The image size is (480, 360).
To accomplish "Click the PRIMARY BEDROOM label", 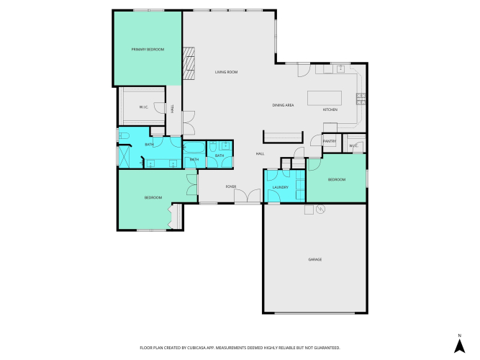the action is pos(148,50).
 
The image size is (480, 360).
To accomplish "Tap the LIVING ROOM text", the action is pos(226,72).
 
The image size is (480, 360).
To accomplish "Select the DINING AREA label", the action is pos(283,105).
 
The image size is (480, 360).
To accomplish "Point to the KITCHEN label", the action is pos(330,109).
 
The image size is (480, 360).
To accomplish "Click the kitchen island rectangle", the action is pos(325,98).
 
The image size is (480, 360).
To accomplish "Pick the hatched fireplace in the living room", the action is pos(189,63).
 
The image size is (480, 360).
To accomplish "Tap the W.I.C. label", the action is pos(144,107).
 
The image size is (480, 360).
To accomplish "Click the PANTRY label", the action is pos(330,141).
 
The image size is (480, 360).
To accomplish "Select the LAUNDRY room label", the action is pos(281,187).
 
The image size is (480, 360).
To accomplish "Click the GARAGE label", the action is pos(315,259).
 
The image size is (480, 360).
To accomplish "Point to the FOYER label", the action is pos(231,186).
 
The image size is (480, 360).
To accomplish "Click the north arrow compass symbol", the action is pos(459,346).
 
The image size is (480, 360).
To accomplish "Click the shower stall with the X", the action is pos(124,157).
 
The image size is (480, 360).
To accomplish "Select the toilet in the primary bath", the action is pos(124,135).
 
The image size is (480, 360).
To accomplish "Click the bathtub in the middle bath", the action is pos(194,147).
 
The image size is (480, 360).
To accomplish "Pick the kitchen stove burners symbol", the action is pos(361,99).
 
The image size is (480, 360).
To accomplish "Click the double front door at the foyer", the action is pos(248,196).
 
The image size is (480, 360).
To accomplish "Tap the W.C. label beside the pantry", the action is pos(353,146).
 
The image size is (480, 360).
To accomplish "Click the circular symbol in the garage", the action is pos(320,210).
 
